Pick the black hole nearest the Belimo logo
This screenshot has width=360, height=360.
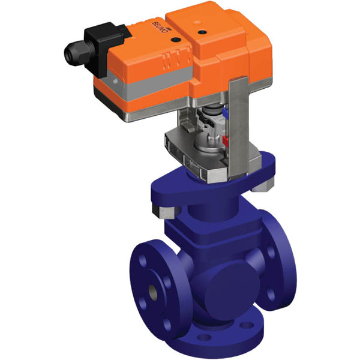pyautogui.click(x=175, y=40)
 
